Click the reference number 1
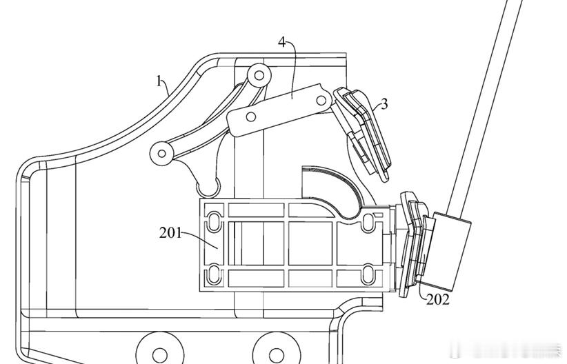(x=159, y=81)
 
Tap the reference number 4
(x=282, y=42)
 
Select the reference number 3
(x=384, y=104)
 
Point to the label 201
(x=170, y=233)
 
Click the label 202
(x=438, y=300)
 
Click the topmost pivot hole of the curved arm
(x=259, y=75)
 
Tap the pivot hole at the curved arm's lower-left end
(x=162, y=154)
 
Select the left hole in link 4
(x=250, y=117)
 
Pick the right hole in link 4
(x=321, y=100)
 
